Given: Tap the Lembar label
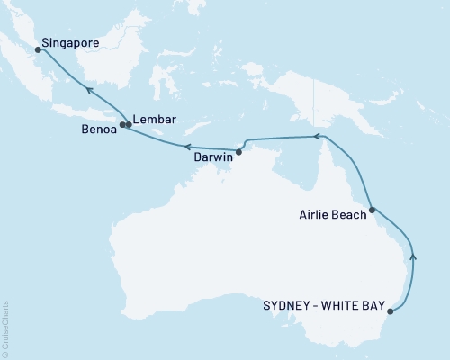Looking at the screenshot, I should [153, 118].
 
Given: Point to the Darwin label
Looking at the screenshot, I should [214, 156].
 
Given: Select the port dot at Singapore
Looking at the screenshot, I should [38, 50].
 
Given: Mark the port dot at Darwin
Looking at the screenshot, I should [238, 151].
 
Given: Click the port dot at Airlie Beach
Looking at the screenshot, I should [372, 209].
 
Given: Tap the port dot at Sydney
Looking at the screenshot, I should [390, 312].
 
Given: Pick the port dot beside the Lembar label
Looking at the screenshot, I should [129, 124].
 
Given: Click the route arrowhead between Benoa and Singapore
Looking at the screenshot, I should [89, 88].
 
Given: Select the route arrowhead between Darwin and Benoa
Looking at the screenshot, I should [186, 146].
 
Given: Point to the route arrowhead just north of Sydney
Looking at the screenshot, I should [413, 256].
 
